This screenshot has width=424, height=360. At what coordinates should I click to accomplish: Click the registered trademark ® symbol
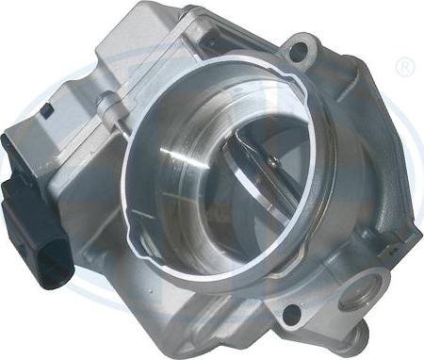pos(405,68)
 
